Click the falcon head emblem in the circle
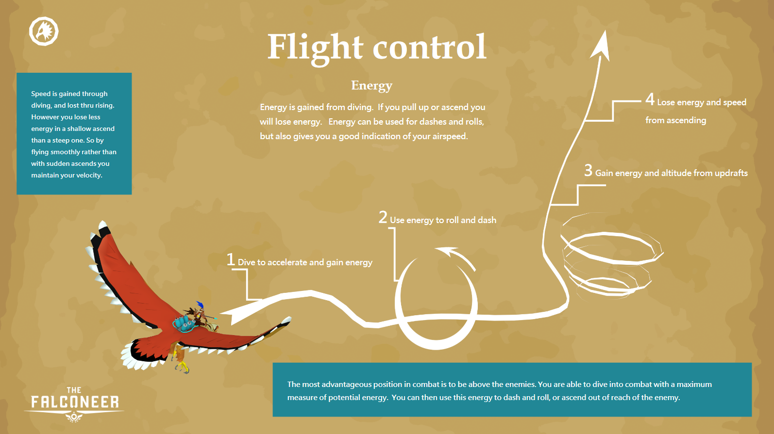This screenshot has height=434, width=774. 44,32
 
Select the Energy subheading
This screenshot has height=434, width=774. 372,85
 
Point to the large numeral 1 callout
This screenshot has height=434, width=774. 231,259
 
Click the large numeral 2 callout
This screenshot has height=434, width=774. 383,217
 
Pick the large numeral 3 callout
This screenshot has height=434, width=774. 588,170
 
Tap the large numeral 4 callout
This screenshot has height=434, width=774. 650,99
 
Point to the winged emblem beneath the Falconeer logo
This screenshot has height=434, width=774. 74,417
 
